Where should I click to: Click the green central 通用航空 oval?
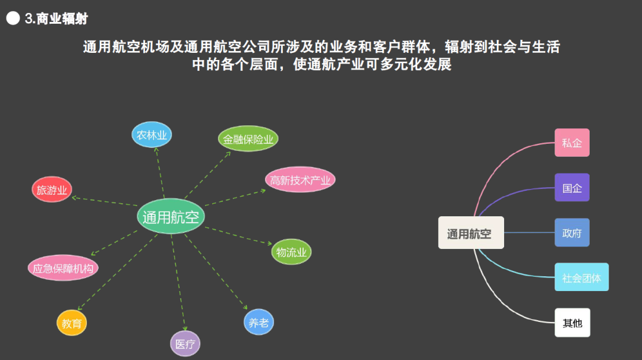coord(171,216)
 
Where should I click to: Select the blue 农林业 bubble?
coord(152,135)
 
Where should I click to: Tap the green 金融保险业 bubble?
coord(248,139)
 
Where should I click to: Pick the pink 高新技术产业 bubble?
coord(300,179)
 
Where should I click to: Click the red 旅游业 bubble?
coord(52,190)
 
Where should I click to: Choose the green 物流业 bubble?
coord(291,252)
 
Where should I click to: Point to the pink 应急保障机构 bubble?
coord(63,268)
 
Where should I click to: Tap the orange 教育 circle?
coord(72,323)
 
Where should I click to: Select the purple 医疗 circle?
coord(185,343)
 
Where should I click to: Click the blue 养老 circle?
coord(259,322)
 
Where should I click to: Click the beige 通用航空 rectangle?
coord(471,233)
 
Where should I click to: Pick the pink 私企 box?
coord(572,143)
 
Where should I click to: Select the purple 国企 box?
coord(572,188)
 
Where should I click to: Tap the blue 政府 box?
coord(572,232)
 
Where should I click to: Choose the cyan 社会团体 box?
coord(581,277)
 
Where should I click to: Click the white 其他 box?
coord(572,323)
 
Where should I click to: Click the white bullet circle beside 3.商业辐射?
coord(13,18)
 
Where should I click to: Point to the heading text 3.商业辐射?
coord(56,18)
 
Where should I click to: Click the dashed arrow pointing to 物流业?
coord(238,235)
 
